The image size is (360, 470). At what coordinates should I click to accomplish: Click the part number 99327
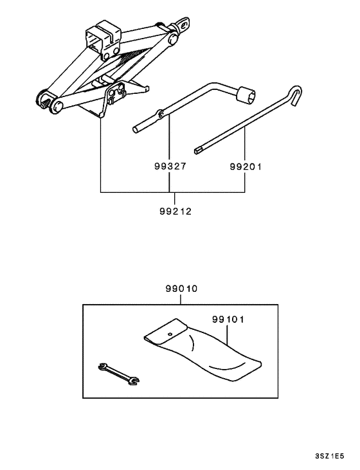(x=170, y=166)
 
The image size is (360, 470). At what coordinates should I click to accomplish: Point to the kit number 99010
(x=181, y=291)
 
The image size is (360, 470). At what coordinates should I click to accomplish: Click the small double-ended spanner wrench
(x=118, y=375)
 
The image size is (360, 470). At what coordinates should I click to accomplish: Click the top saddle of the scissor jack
(x=103, y=37)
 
